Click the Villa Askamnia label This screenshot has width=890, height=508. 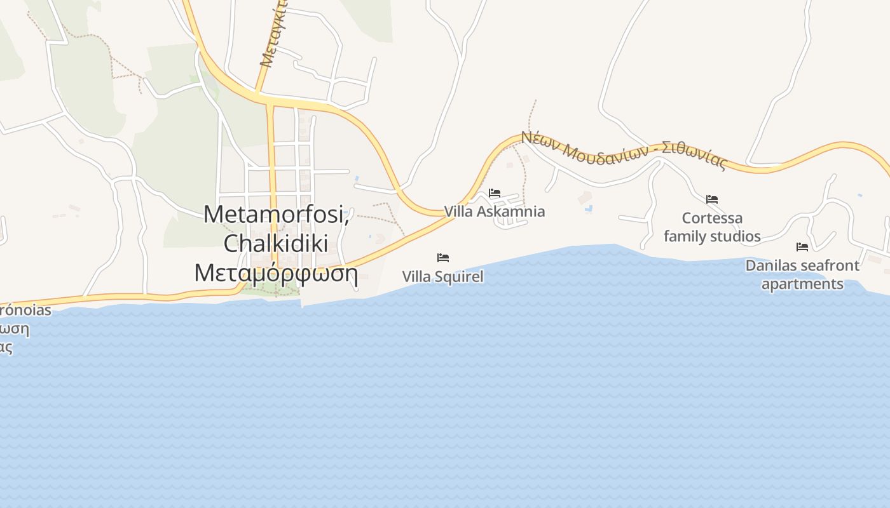pos(495,211)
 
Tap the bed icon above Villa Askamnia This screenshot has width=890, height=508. pos(495,193)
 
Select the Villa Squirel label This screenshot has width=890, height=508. pos(442,276)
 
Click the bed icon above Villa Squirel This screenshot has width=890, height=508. pos(443,258)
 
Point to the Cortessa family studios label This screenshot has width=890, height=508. pos(712,227)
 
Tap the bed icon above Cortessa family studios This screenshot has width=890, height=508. pos(712,199)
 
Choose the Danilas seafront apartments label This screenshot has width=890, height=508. pos(802,274)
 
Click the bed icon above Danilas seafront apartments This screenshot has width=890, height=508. pos(802,247)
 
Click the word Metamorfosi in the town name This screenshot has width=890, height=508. pos(277,214)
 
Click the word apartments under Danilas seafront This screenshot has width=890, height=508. pos(802,284)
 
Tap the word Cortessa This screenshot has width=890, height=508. pos(712,218)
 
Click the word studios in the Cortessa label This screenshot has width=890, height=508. pos(737,237)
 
